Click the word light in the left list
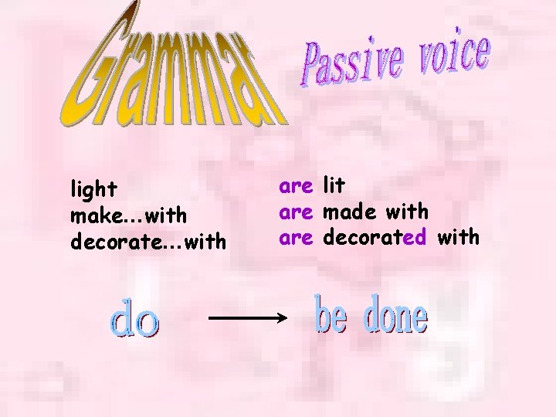click(x=93, y=189)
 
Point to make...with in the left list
click(x=128, y=215)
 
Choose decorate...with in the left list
click(x=148, y=242)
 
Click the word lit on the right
click(x=334, y=185)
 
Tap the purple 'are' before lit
click(x=296, y=186)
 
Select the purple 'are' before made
click(x=296, y=212)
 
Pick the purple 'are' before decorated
click(x=296, y=238)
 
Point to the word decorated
click(x=374, y=237)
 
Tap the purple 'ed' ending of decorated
click(x=414, y=237)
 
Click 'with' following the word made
click(x=406, y=211)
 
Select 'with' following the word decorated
click(x=458, y=237)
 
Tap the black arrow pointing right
click(x=247, y=317)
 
